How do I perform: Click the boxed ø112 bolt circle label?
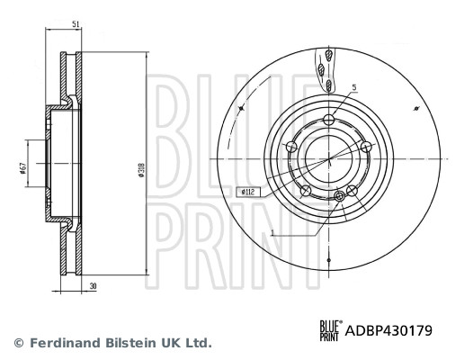click(247, 192)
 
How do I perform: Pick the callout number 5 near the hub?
click(354, 87)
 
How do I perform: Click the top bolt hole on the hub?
click(330, 121)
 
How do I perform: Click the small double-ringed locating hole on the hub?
click(339, 195)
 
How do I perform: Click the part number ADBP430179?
click(388, 331)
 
